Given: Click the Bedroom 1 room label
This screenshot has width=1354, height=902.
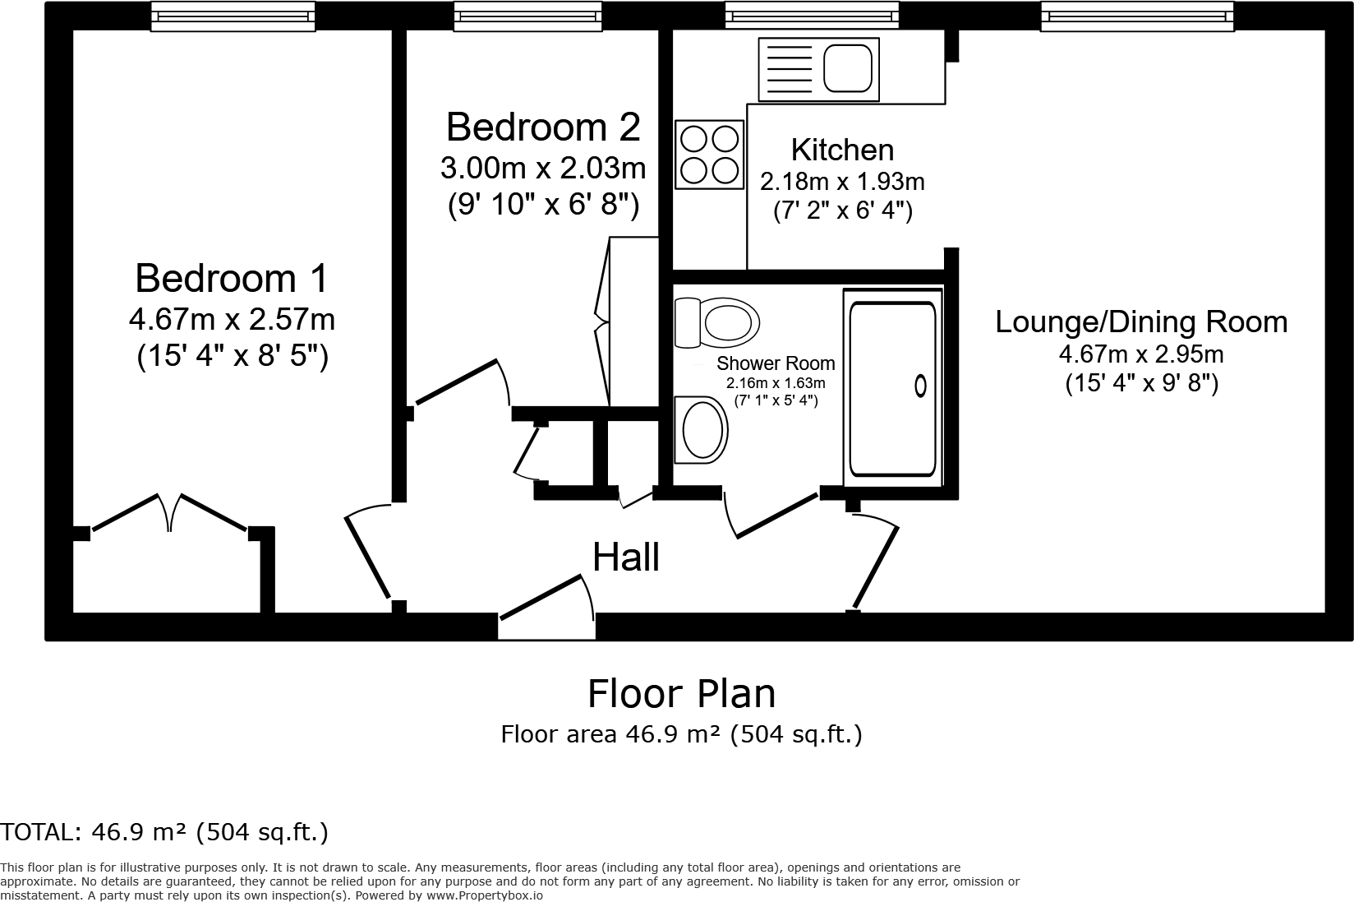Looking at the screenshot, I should point(231,278).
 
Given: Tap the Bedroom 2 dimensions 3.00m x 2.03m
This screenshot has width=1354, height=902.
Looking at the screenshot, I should point(542,168).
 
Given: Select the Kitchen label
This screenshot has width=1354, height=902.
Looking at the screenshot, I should point(842,150).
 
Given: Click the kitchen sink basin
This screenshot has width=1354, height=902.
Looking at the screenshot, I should point(848,68).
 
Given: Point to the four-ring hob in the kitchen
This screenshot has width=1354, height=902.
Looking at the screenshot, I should point(709,154).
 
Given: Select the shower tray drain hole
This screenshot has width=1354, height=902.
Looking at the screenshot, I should point(920,385).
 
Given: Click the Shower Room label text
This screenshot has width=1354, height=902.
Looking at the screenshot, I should point(775,363).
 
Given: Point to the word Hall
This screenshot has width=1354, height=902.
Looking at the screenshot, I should point(626,557).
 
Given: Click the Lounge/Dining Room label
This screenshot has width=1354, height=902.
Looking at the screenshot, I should point(1141,321).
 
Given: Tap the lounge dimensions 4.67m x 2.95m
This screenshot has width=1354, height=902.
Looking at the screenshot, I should point(1141,354).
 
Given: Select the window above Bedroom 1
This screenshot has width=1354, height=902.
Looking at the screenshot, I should point(233,16).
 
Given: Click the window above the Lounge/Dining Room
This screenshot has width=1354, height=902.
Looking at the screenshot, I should point(1137,16).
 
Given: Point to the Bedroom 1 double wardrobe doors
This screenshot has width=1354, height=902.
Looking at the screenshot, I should point(171,514).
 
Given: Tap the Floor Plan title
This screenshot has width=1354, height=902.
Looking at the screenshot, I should point(681,693).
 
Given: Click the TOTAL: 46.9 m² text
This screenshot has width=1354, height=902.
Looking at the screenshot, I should point(164,832).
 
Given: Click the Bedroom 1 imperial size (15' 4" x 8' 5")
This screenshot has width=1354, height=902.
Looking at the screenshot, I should point(233,356).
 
